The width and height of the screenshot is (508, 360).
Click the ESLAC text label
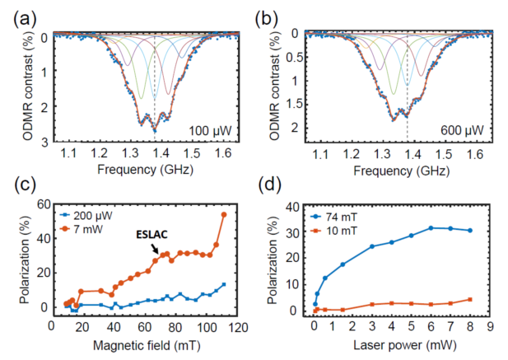[155, 234]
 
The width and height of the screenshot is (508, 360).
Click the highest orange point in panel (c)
[223, 214]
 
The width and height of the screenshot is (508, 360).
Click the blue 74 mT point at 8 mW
[470, 231]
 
